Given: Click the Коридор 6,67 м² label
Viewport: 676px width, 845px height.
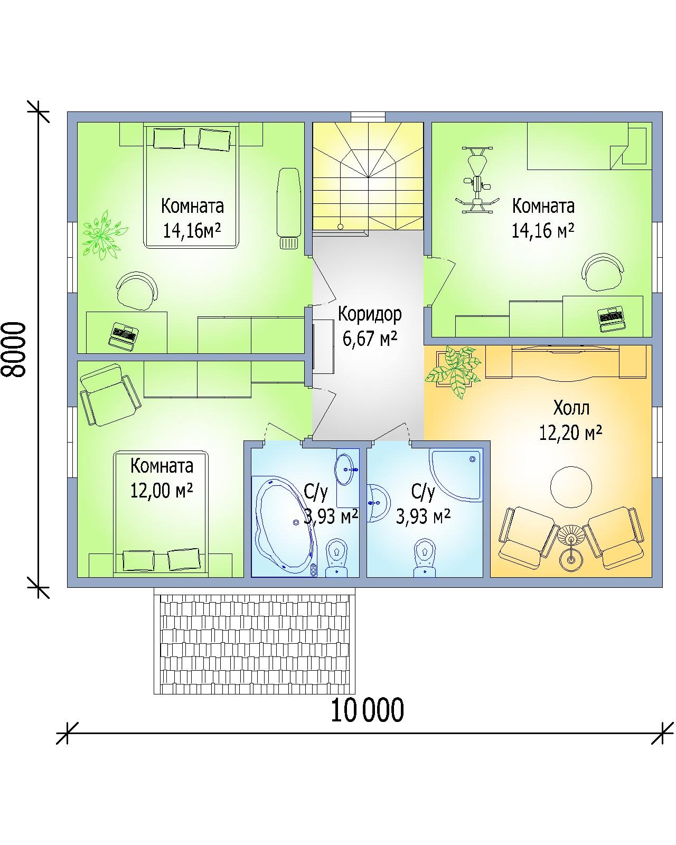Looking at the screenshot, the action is [370, 326].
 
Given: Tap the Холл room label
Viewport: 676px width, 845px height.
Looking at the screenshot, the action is [571, 408].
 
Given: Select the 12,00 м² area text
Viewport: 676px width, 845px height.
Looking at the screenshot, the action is [162, 491].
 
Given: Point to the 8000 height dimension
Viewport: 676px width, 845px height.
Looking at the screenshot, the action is [14, 350].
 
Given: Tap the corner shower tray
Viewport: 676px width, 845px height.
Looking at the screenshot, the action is [456, 475].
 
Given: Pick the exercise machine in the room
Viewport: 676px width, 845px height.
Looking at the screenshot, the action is [477, 180].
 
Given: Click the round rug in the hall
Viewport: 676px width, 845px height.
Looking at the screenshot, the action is [571, 487].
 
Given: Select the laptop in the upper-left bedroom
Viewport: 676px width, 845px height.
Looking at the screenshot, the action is [123, 336].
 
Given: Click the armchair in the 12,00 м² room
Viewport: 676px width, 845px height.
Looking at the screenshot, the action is [110, 395].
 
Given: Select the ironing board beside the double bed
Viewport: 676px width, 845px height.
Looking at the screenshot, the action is [289, 208].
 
